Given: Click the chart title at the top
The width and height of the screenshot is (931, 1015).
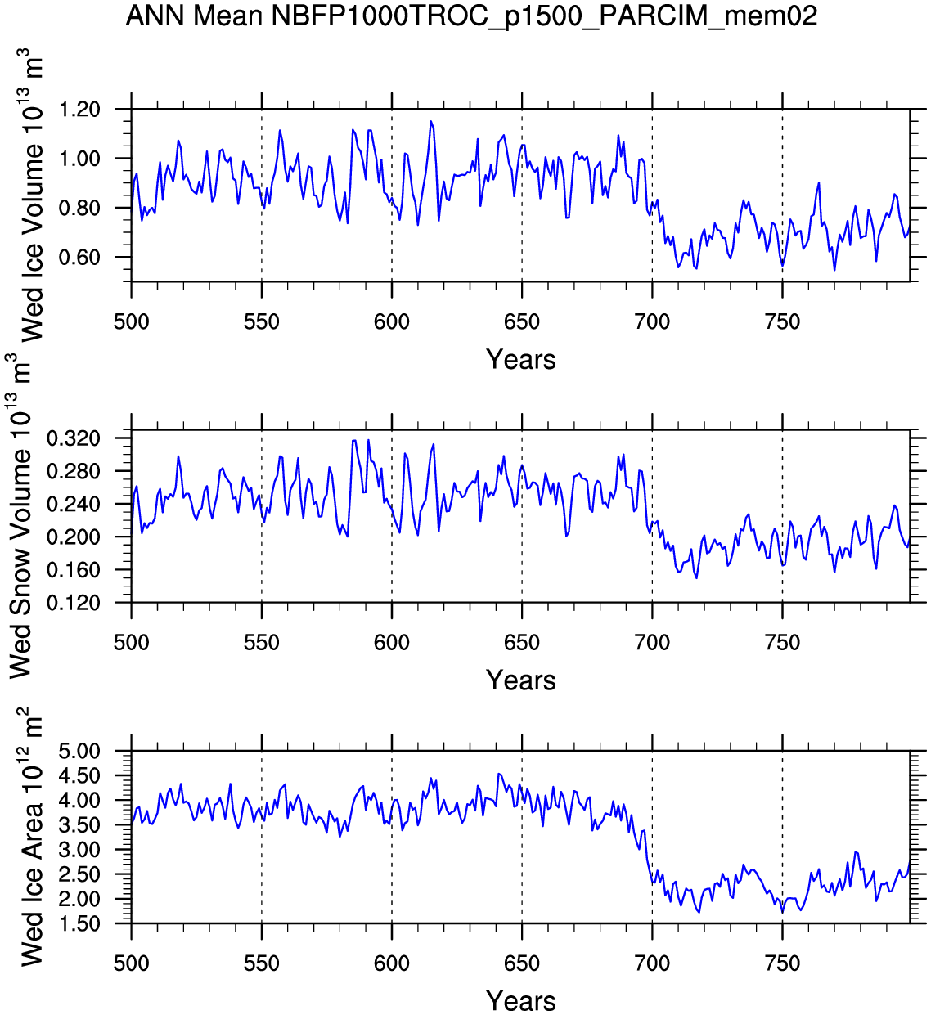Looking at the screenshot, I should click(471, 15).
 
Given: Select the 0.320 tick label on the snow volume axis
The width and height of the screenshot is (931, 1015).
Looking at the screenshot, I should click(74, 438).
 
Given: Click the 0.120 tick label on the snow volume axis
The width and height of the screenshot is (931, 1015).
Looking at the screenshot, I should click(74, 603).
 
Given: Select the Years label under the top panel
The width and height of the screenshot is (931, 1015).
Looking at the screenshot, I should click(520, 360).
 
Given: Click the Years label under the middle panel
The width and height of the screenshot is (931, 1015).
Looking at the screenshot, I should click(520, 680).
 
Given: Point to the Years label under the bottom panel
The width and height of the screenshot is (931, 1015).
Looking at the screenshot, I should click(520, 1001).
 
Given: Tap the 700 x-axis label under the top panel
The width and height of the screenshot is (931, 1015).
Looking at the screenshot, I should click(652, 321).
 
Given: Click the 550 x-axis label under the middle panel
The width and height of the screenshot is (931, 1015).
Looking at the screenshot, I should click(261, 642).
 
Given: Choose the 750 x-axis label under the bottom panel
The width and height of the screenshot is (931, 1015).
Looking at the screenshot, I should click(782, 963).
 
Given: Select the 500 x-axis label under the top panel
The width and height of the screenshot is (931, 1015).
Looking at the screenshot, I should click(131, 321).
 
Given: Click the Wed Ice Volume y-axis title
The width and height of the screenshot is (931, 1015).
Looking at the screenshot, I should click(30, 196).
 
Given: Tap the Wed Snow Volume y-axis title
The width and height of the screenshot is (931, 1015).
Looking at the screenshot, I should click(20, 517).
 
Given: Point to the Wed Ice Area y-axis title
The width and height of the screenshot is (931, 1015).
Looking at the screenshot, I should click(30, 838).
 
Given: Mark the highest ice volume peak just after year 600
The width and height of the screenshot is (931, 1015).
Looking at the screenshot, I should click(431, 122).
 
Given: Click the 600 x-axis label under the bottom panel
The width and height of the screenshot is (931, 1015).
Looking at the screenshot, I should click(391, 963).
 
